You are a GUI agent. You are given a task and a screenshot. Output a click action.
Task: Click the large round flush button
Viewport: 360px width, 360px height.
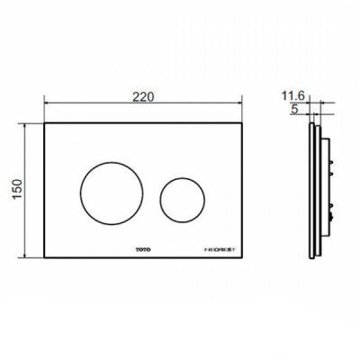pos(111,192)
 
